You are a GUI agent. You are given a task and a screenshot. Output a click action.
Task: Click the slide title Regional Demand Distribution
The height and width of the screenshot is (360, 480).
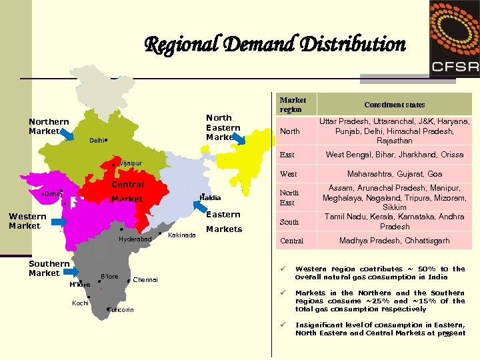click(x=275, y=45)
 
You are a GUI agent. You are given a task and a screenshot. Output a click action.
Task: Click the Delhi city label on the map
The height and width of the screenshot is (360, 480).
click(x=97, y=141)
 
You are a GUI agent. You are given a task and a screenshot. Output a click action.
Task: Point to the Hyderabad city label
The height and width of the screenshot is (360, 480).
click(x=135, y=239)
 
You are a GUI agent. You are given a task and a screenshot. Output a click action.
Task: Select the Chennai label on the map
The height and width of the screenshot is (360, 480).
click(x=145, y=280)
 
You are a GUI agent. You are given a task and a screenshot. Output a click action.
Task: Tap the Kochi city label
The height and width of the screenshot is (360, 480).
click(x=80, y=303)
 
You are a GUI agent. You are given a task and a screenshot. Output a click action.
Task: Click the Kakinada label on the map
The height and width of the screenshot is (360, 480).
click(x=182, y=235)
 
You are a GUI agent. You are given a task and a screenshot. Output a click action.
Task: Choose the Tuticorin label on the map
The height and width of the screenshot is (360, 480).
click(x=121, y=309)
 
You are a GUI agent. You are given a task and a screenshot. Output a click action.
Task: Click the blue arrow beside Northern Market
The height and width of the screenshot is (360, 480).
click(x=68, y=135)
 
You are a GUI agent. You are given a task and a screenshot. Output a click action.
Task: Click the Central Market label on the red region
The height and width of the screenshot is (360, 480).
click(x=127, y=191)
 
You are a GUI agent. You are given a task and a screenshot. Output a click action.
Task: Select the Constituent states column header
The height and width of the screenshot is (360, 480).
click(x=394, y=105)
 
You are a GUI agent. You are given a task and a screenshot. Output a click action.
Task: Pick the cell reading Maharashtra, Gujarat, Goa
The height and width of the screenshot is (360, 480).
click(x=394, y=174)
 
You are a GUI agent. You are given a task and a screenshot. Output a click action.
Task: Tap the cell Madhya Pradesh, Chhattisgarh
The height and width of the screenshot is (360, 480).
click(x=394, y=241)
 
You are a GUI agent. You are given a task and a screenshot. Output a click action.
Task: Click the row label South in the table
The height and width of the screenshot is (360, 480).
click(x=289, y=222)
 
